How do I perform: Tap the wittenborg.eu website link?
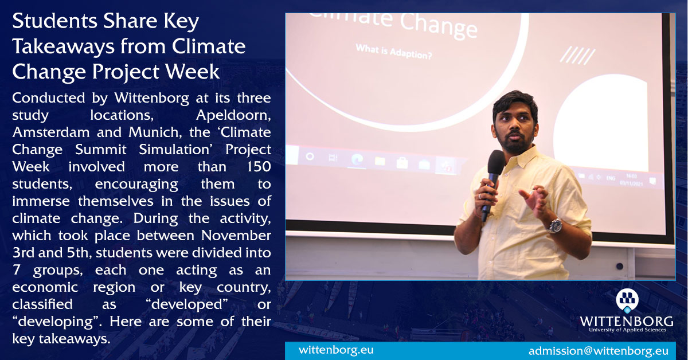pos(335,350)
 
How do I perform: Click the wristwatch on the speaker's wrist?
pos(554,225)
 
